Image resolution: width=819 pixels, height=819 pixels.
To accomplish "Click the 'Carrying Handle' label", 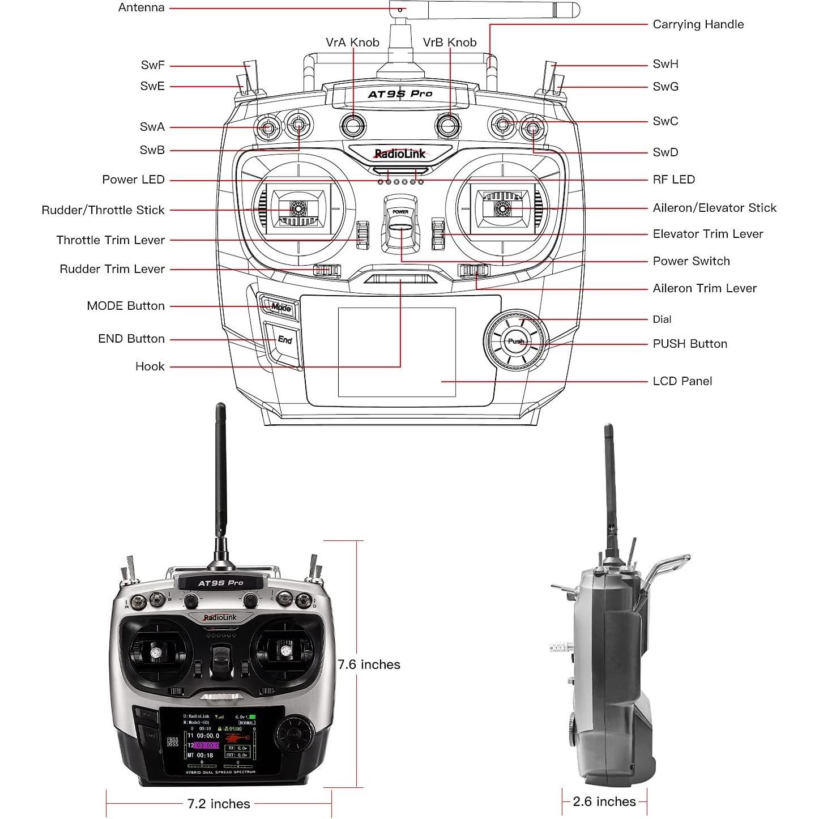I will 698,24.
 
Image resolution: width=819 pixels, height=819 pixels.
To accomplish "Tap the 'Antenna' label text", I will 142,8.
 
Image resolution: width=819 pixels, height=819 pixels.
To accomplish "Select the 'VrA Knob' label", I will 352,42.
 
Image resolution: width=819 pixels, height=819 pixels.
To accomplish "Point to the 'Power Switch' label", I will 691,261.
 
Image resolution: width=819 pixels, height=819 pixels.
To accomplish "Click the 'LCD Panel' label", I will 682,381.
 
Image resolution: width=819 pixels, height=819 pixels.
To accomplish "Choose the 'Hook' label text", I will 150,366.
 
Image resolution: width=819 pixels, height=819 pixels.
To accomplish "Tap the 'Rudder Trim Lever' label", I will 112,269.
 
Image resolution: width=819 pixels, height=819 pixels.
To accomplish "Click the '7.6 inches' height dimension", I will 369,664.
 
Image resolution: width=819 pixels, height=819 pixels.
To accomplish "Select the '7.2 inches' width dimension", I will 219,804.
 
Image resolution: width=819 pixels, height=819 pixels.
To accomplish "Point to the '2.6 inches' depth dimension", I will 604,801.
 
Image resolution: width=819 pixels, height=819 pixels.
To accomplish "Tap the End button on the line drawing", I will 284,340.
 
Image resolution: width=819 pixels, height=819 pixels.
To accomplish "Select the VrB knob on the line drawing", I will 448,125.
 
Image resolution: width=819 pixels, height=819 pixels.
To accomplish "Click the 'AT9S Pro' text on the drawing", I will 400,94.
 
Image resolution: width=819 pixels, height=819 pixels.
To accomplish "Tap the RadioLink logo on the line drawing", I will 400,153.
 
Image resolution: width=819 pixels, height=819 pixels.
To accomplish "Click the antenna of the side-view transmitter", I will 609,487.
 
